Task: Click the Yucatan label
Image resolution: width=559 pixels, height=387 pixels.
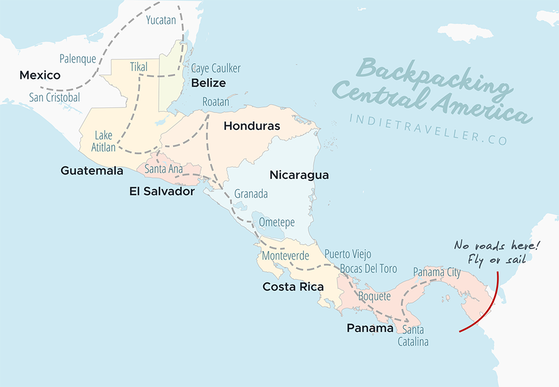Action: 161,21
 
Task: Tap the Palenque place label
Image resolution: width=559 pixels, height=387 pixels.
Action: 78,58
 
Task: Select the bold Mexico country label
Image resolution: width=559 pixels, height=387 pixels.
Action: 40,75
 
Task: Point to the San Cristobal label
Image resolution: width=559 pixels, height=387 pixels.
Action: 54,97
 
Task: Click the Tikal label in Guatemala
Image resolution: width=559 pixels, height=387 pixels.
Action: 139,67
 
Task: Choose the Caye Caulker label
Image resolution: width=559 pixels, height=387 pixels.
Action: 216,68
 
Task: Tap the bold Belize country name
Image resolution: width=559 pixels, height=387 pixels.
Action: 209,83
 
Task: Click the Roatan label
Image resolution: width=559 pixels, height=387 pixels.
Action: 216,102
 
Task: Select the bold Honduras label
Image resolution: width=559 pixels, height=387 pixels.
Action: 252,126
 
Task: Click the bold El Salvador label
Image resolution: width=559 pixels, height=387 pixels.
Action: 162,191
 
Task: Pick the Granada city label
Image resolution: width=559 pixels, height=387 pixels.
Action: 251,194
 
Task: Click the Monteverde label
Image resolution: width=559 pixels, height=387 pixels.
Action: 285,256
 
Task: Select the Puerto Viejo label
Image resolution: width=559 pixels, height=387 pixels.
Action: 348,254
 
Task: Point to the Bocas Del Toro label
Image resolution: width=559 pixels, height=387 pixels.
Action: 361,268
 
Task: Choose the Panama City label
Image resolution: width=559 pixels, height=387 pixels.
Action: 437,272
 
